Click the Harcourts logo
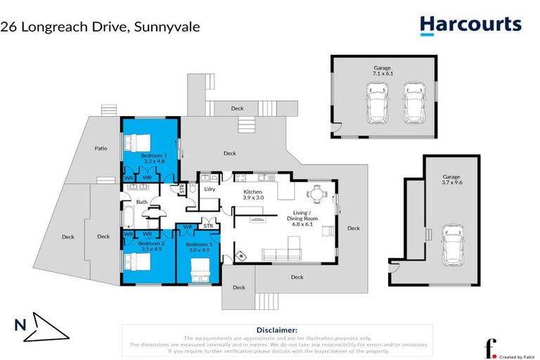470,25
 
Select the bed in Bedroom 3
199,269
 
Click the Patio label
101,148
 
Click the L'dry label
209,191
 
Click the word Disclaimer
276,329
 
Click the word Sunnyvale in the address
168,27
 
